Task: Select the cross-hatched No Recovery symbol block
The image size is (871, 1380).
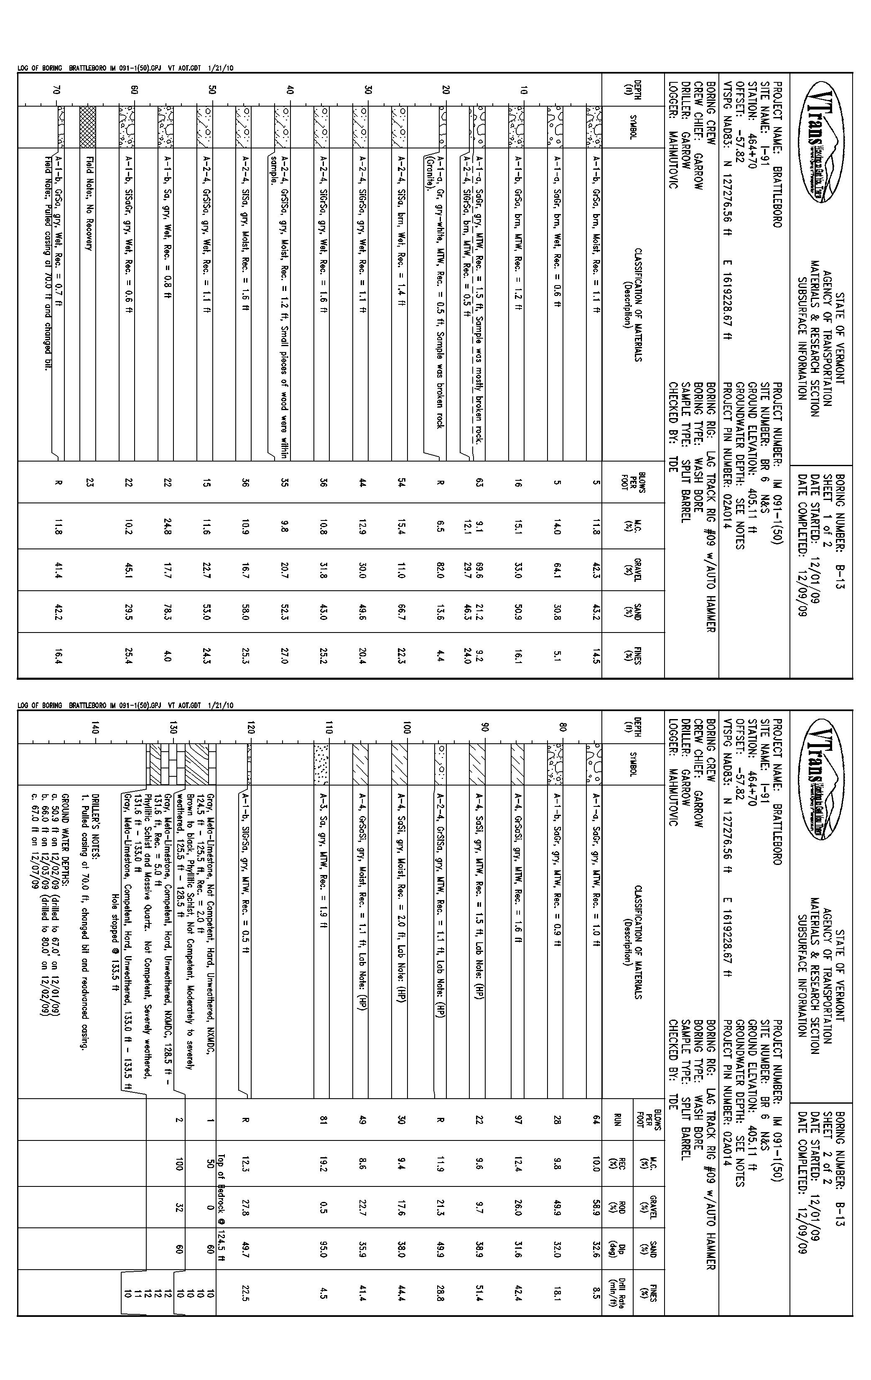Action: (88, 127)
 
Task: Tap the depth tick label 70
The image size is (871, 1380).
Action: (56, 89)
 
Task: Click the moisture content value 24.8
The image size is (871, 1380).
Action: (167, 526)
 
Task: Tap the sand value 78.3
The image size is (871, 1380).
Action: (167, 612)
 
